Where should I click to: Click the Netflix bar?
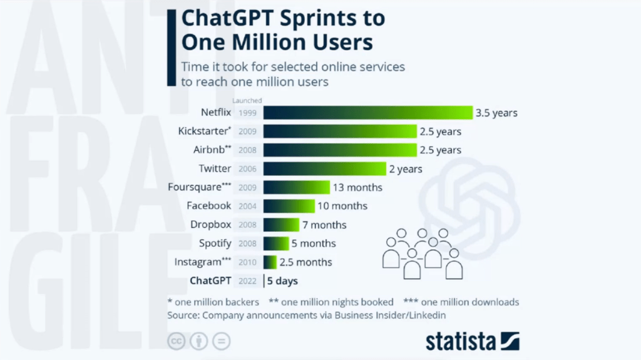367,113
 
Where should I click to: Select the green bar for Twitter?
324,168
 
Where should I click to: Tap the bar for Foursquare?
296,187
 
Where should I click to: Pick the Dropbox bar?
282,225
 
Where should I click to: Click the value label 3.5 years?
496,113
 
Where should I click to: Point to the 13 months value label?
358,187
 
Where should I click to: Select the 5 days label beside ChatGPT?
282,281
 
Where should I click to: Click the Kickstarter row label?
205,131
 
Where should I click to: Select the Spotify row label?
215,244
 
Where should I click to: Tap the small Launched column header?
247,100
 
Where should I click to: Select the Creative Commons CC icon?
177,341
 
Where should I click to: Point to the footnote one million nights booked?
331,302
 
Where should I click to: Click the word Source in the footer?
182,315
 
